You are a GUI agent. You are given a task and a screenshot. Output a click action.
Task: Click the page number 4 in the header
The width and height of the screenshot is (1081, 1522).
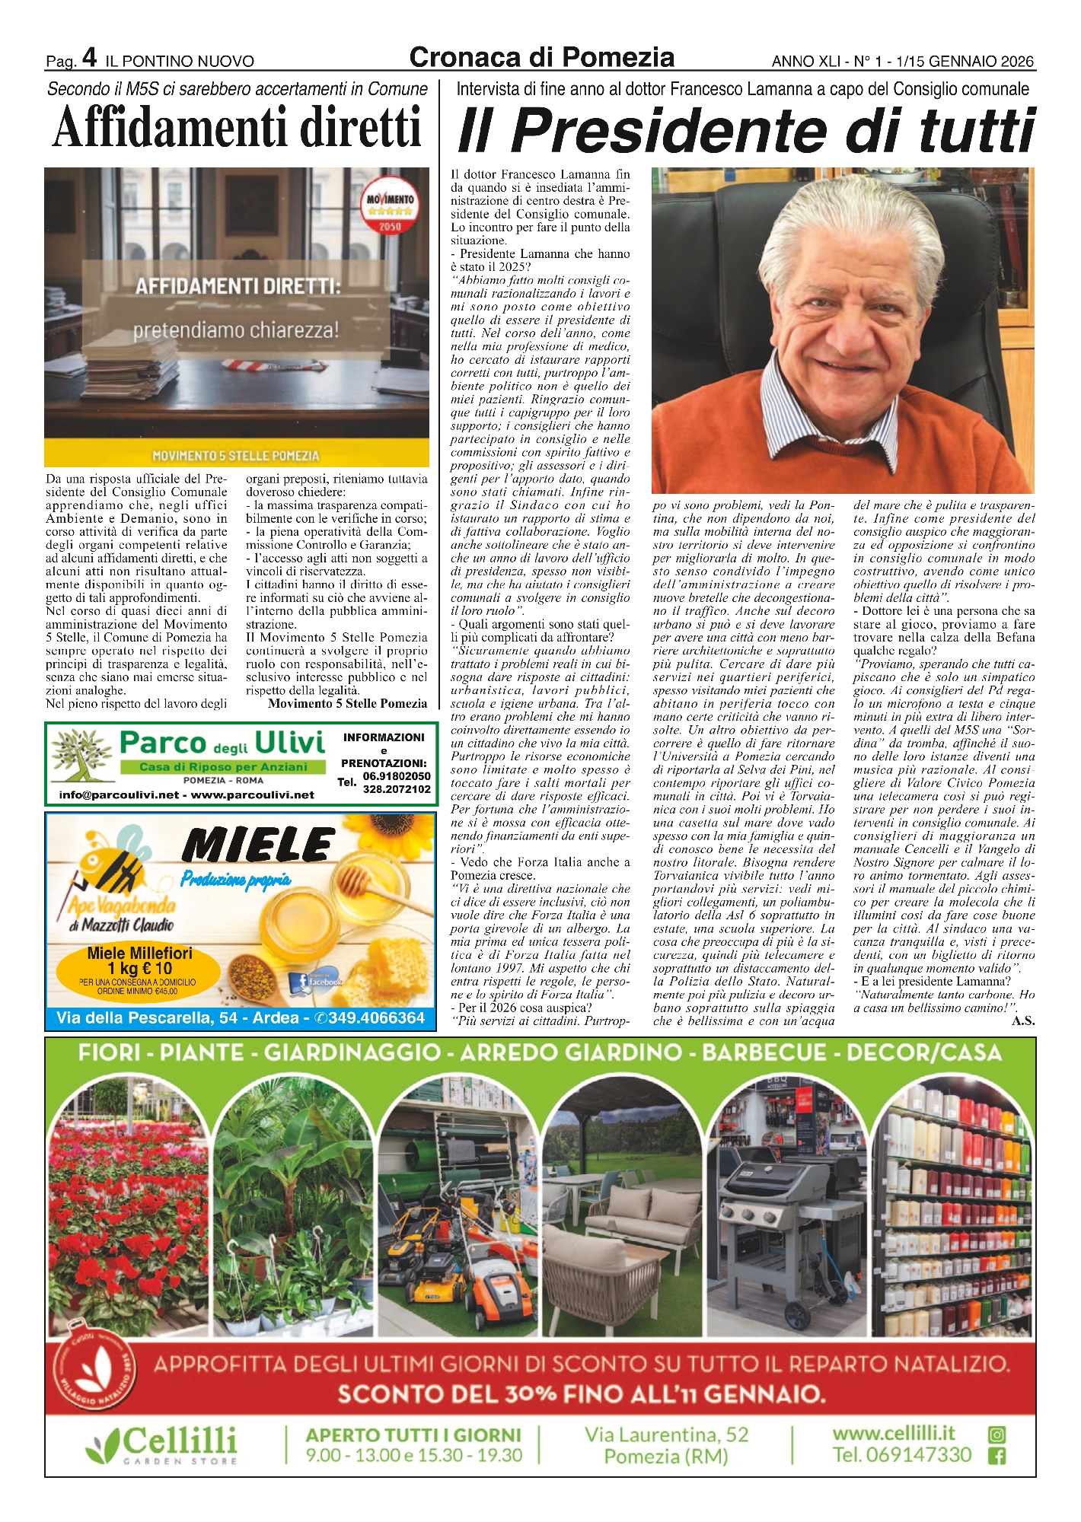(x=89, y=57)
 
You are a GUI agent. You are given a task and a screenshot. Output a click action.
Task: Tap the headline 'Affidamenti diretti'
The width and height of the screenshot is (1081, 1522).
(x=237, y=127)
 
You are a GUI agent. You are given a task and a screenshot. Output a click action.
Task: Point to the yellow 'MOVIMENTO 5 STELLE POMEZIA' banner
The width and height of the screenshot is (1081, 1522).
(x=236, y=455)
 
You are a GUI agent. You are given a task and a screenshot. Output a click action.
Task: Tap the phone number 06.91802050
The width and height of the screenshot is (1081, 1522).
(x=397, y=776)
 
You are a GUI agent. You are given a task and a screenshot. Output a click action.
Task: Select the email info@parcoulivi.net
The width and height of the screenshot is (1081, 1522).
(x=120, y=795)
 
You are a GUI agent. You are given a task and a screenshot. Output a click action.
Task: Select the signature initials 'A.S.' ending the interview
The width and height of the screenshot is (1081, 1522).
(x=1022, y=1021)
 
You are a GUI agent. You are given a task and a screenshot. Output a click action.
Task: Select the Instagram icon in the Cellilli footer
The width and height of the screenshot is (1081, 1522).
(x=996, y=1434)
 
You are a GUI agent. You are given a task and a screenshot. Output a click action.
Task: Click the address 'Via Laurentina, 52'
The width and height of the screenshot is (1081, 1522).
(x=666, y=1434)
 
